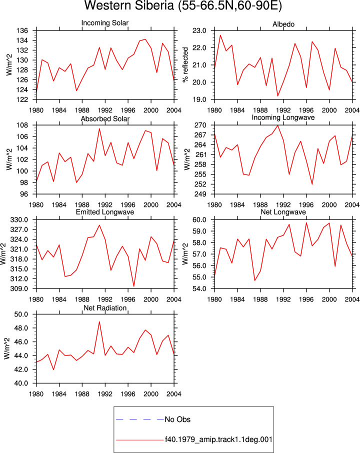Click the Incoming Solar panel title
click(x=105, y=23)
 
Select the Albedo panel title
click(x=283, y=24)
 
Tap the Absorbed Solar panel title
click(x=105, y=118)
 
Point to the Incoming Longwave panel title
click(x=283, y=117)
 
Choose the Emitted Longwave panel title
click(x=105, y=212)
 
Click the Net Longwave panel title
click(x=283, y=212)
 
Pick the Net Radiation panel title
click(x=105, y=308)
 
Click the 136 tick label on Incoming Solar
click(x=22, y=30)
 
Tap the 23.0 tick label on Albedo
click(x=199, y=30)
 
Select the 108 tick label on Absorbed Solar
click(x=22, y=125)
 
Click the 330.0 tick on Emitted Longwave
click(x=19, y=220)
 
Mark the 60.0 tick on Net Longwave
click(x=199, y=220)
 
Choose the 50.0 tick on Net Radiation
click(x=21, y=314)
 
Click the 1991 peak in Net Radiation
click(x=99, y=321)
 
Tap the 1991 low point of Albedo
click(x=277, y=96)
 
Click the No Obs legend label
click(x=177, y=419)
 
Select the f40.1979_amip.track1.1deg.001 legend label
click(x=218, y=439)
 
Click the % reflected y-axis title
click(x=185, y=64)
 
